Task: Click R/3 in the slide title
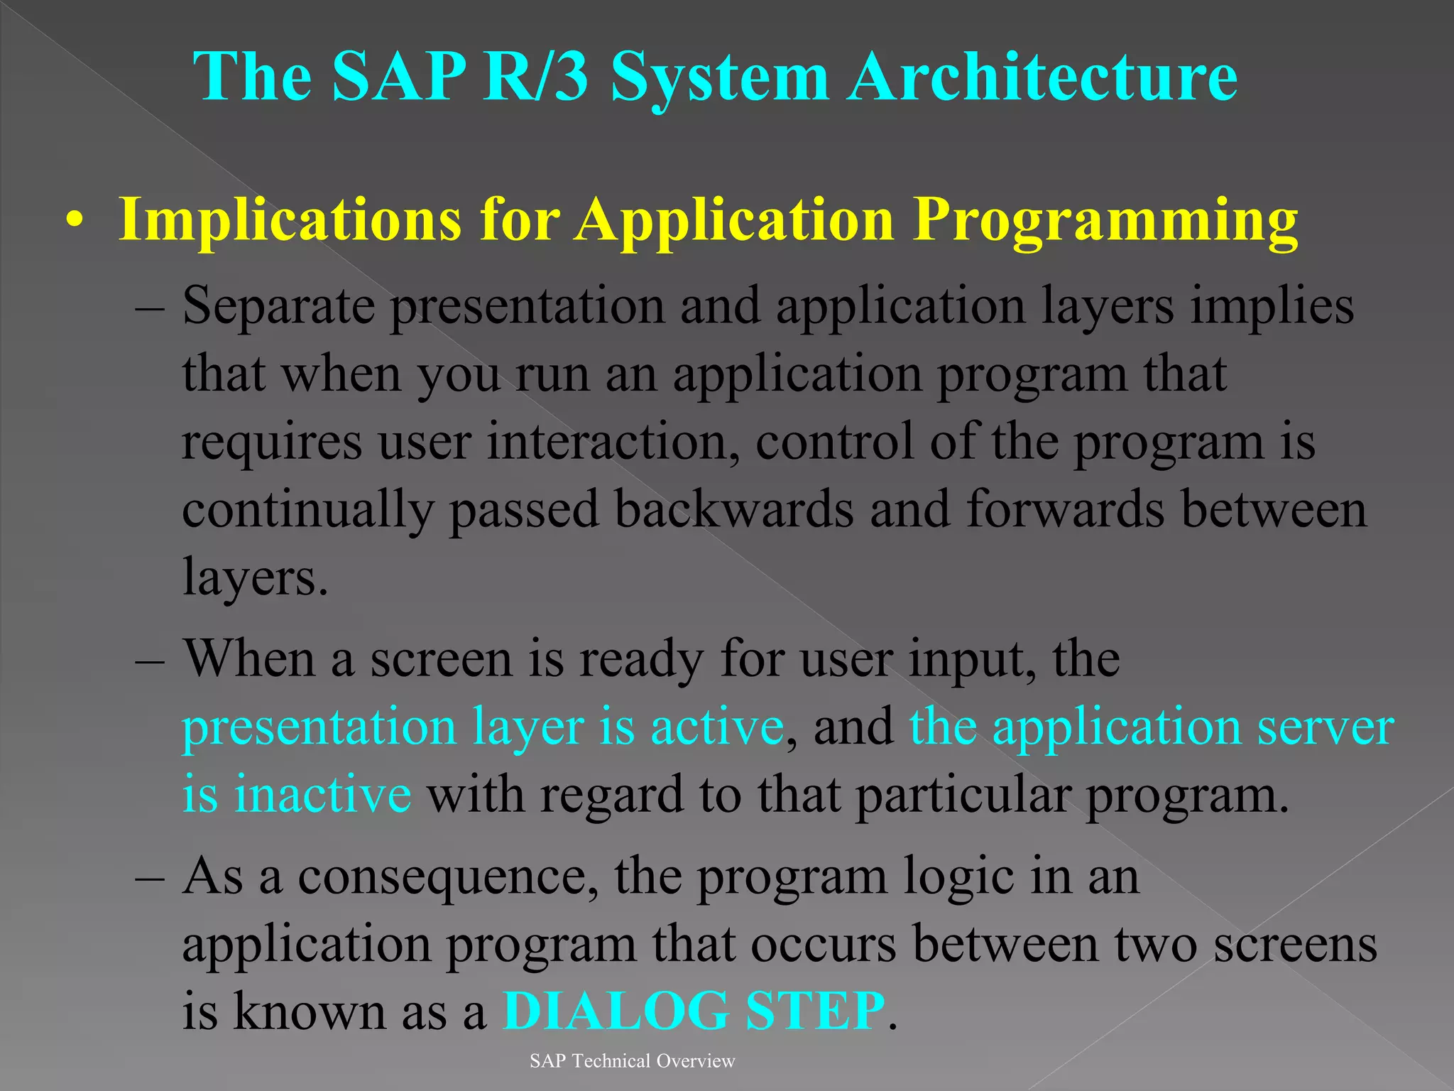(535, 76)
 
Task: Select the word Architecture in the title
(1043, 76)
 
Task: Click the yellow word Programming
(1105, 222)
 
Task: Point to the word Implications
(290, 222)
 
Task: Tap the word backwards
(733, 509)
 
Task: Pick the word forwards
(1065, 509)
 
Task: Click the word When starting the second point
(248, 658)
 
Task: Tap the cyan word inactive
(323, 794)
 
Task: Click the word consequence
(446, 876)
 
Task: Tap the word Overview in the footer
(696, 1061)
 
